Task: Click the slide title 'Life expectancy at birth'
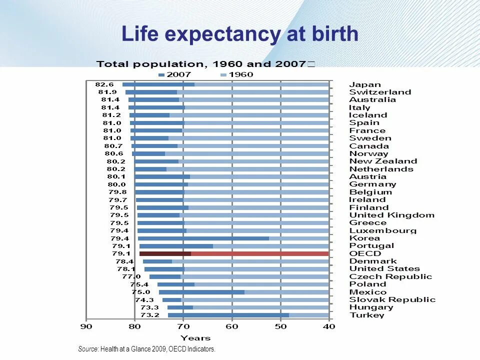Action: click(x=240, y=34)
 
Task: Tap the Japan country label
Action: click(x=364, y=84)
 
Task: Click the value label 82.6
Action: click(x=104, y=84)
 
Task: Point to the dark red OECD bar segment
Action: click(x=165, y=253)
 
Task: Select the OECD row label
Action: click(x=364, y=253)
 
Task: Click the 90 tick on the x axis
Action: click(x=86, y=327)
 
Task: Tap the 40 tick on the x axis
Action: click(x=329, y=327)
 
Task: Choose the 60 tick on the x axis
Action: click(x=232, y=327)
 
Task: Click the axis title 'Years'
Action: click(x=195, y=338)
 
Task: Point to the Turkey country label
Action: click(x=366, y=315)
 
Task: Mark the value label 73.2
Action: click(x=150, y=315)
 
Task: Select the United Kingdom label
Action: click(x=391, y=215)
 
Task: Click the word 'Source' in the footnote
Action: click(x=88, y=349)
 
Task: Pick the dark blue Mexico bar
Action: click(x=201, y=292)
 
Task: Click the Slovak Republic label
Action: click(x=392, y=299)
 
